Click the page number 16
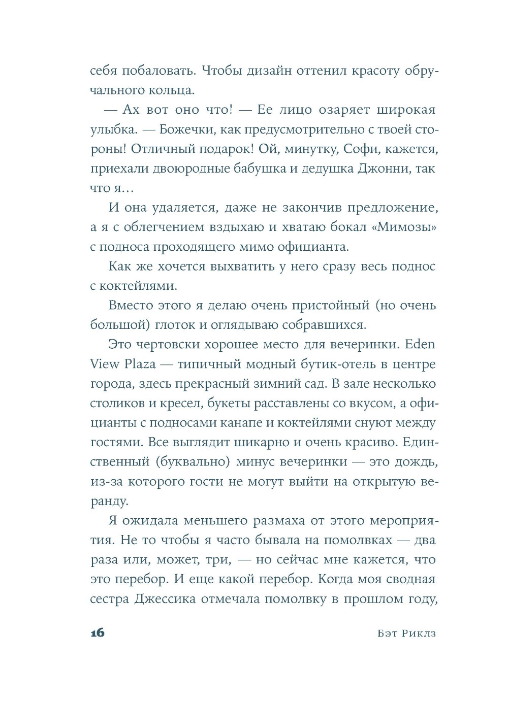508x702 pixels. pyautogui.click(x=97, y=632)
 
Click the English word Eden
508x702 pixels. pyautogui.click(x=420, y=344)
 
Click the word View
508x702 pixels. pyautogui.click(x=105, y=364)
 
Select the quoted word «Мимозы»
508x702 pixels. pyautogui.click(x=404, y=227)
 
